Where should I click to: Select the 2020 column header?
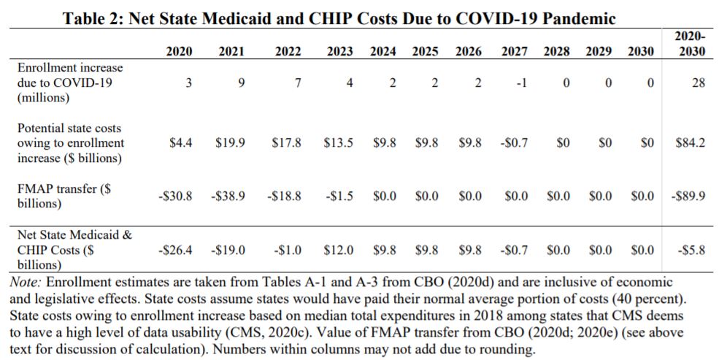(x=180, y=51)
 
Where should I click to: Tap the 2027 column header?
(x=515, y=51)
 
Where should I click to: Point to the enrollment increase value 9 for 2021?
(x=241, y=83)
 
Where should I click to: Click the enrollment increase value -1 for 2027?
(x=520, y=83)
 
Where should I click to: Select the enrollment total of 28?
(x=698, y=83)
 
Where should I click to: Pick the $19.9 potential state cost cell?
(x=230, y=143)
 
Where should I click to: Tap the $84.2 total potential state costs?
(x=690, y=143)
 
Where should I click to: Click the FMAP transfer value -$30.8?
(x=175, y=196)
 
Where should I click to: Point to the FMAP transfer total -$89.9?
(x=688, y=196)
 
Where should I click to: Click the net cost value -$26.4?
(x=175, y=250)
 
